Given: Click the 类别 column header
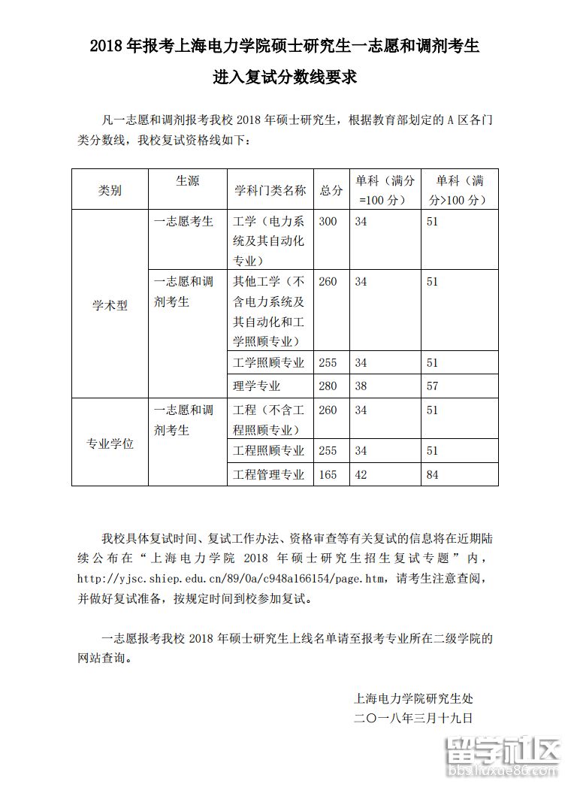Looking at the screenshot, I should tap(110, 191).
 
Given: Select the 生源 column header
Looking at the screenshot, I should tap(187, 181).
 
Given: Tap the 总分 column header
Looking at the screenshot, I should tap(331, 191).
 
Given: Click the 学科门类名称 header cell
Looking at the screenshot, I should tap(270, 191).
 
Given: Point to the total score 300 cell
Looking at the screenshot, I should tap(328, 222).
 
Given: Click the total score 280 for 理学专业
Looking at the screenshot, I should tap(328, 386).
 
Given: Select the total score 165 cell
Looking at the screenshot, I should tap(328, 474).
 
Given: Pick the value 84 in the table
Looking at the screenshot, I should tap(432, 474).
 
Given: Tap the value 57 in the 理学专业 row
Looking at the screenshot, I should tap(432, 386).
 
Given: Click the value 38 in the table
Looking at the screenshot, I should tap(361, 386).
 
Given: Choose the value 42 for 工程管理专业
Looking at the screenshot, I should tap(361, 474).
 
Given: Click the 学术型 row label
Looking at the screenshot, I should tap(110, 306).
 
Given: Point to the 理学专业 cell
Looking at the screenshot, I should tap(257, 386).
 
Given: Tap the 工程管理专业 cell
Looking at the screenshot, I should tap(269, 474).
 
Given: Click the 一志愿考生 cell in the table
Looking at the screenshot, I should tap(183, 222).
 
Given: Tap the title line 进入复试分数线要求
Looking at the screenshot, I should tap(285, 77).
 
